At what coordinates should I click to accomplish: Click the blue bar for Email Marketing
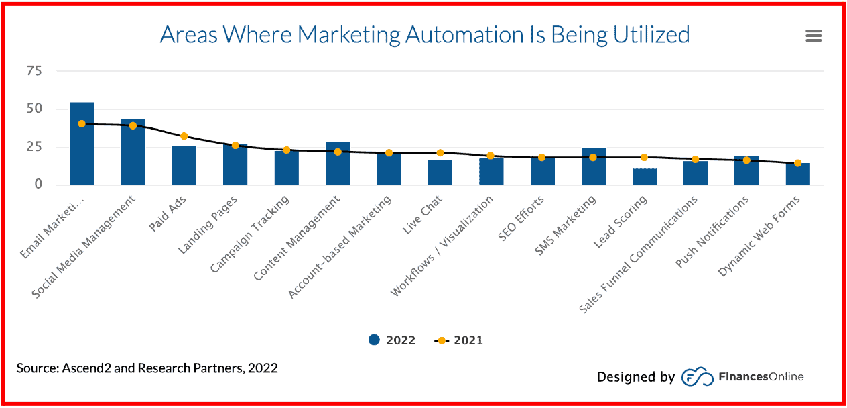click(82, 144)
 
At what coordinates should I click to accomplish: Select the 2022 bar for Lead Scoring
click(645, 176)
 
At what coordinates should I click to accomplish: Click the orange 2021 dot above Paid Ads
click(184, 136)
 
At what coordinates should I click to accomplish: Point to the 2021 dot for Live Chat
click(440, 153)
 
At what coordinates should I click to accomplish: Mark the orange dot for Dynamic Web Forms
click(797, 163)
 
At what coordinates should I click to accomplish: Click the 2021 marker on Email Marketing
click(82, 124)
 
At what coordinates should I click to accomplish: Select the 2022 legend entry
click(392, 340)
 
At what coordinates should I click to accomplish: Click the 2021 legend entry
click(459, 340)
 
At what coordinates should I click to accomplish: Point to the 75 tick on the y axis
click(34, 70)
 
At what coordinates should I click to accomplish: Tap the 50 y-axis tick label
click(34, 109)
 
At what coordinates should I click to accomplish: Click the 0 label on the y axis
click(38, 184)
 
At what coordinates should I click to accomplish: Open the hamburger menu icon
click(813, 36)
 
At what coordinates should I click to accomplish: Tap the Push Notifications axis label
click(712, 232)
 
